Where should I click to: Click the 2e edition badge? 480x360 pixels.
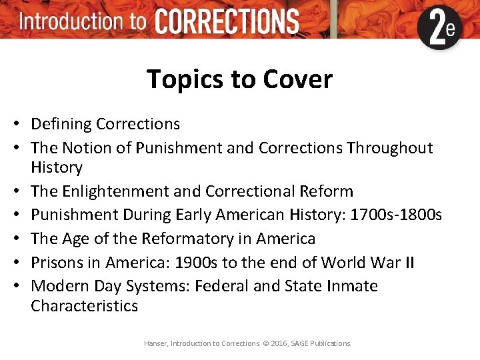coord(439,28)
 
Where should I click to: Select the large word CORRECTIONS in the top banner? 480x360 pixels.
coord(227,22)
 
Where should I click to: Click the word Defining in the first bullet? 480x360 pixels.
coord(61,124)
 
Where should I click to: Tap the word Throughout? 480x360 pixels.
coord(390,147)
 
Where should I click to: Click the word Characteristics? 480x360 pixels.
coord(84,306)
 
